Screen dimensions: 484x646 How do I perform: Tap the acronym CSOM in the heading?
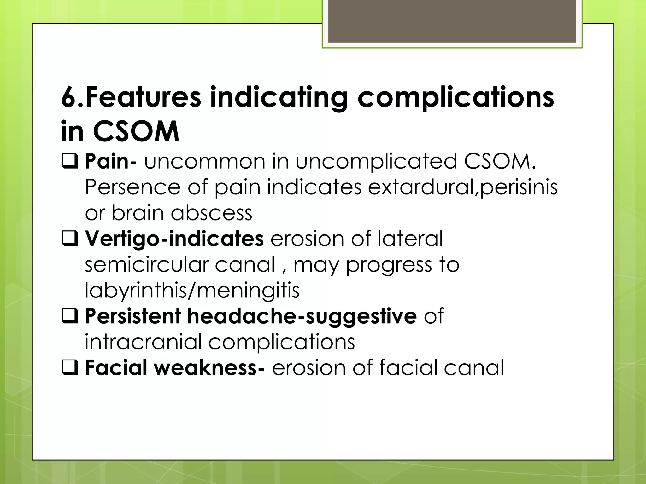136,131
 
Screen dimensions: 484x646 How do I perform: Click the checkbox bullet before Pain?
70,161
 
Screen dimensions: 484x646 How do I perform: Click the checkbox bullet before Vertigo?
70,239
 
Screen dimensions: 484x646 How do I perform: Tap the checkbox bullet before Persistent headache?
70,316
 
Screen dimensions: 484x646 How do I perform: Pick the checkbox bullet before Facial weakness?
70,368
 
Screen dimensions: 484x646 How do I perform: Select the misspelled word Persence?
133,187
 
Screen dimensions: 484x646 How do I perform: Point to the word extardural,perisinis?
463,187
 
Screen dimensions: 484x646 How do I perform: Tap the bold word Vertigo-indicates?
174,239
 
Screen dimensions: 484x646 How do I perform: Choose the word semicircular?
146,265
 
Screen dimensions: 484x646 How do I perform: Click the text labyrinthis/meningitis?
192,291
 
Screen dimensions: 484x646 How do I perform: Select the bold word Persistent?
133,316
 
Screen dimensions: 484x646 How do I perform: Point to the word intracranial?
143,342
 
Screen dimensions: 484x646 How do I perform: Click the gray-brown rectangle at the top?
452,21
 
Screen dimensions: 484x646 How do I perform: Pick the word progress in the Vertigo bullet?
389,265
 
